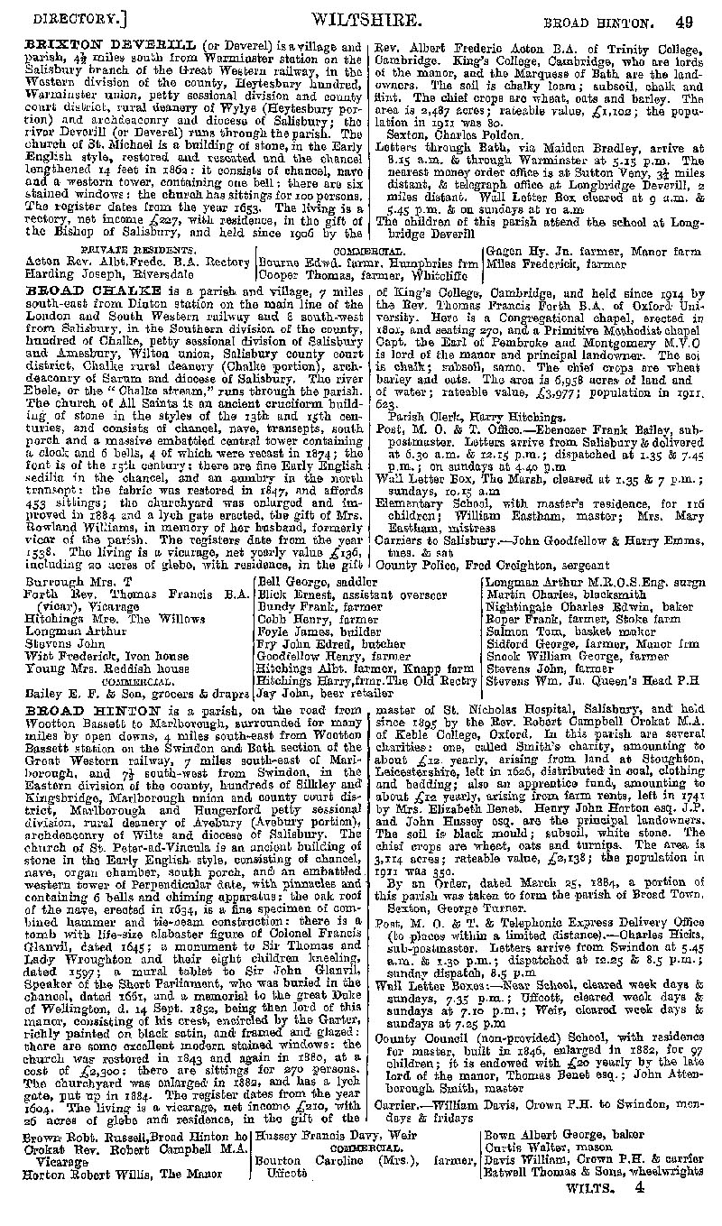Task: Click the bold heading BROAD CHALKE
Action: (x=75, y=292)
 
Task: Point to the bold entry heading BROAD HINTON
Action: (x=75, y=709)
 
